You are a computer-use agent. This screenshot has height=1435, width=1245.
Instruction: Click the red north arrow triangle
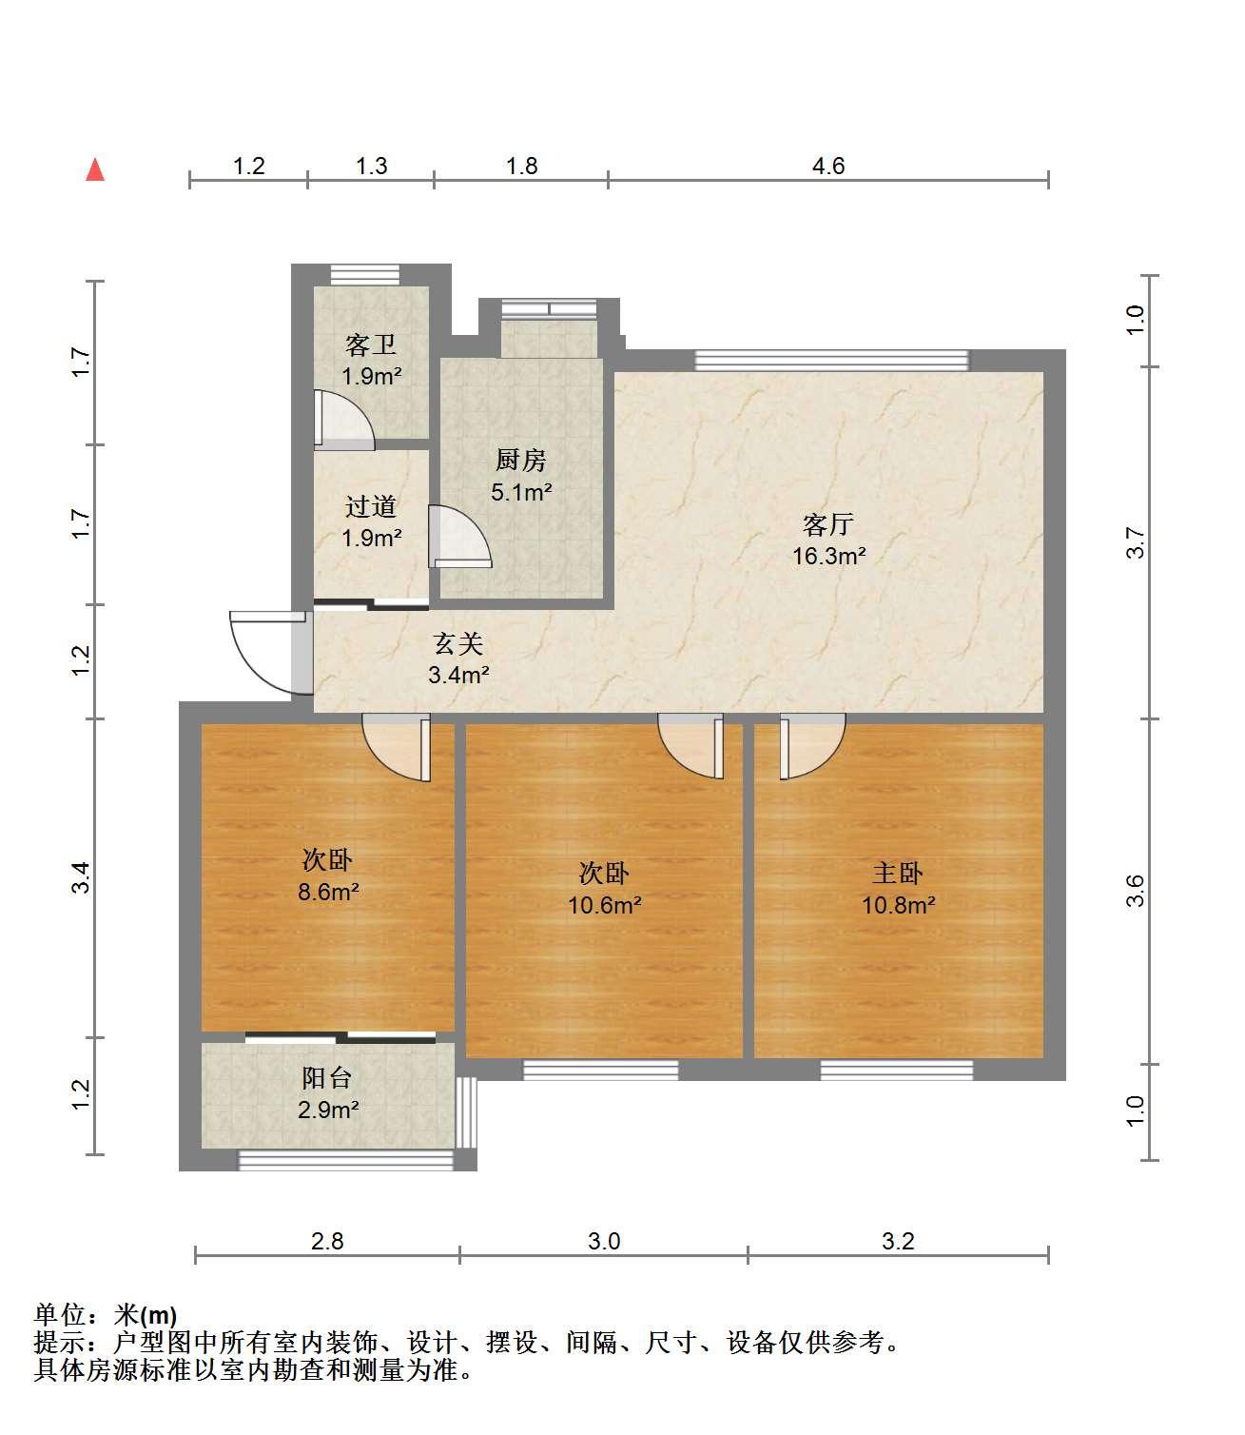click(95, 169)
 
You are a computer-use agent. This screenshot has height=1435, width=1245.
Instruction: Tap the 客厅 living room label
click(827, 524)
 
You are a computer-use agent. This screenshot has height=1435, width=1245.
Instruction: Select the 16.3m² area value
click(828, 556)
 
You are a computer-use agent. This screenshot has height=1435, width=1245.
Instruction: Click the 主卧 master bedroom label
click(897, 873)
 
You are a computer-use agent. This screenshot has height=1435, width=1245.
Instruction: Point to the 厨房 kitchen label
click(520, 461)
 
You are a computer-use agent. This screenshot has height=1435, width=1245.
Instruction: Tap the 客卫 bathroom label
click(371, 344)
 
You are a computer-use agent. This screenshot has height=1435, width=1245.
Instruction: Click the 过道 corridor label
click(371, 505)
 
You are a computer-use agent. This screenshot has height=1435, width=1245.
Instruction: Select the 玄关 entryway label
click(457, 643)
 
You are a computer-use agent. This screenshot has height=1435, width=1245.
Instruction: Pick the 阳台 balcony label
click(326, 1077)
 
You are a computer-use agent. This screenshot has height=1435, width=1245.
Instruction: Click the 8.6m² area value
click(328, 892)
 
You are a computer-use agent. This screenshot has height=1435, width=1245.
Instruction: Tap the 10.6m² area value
click(604, 905)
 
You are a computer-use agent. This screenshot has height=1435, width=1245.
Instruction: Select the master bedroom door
click(812, 746)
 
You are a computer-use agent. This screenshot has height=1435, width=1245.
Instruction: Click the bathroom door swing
click(343, 420)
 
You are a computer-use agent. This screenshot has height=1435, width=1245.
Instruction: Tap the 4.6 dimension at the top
click(827, 167)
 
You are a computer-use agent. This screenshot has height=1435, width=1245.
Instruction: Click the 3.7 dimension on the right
click(1135, 542)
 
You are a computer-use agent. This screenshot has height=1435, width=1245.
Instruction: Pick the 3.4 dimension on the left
click(81, 877)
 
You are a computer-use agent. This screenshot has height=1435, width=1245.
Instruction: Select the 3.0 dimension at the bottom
click(604, 1242)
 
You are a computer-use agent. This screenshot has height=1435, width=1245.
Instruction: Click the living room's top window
click(831, 360)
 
